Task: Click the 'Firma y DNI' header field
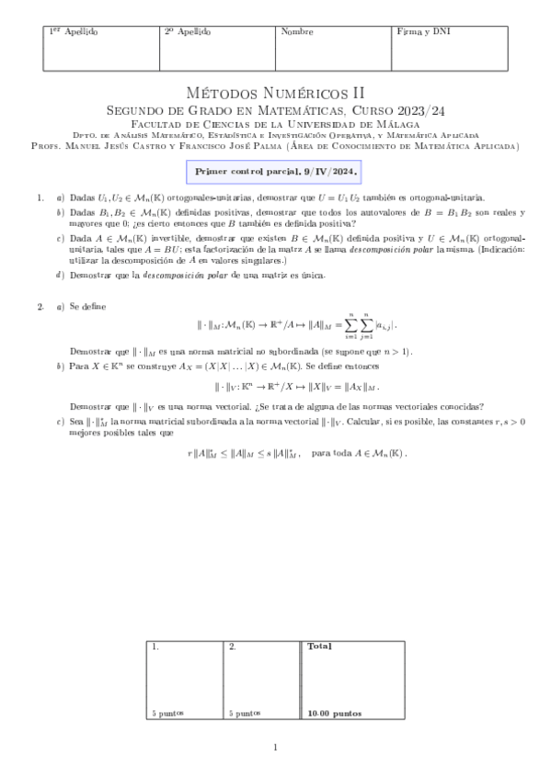tap(423, 32)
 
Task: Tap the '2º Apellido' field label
tap(187, 32)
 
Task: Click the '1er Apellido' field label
tap(73, 32)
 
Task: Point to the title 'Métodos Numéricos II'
tap(275, 93)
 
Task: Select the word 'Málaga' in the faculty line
tap(396, 124)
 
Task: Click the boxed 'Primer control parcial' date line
tap(275, 171)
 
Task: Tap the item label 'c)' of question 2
tap(60, 421)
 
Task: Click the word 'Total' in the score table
tap(320, 647)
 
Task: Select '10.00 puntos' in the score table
tap(335, 713)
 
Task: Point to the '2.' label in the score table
tap(233, 647)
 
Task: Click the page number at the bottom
tap(275, 747)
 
